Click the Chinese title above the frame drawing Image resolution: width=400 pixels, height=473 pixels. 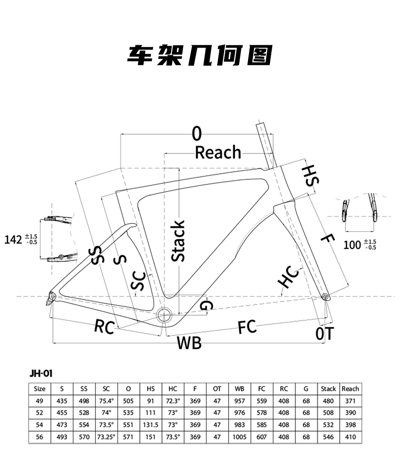point(200,55)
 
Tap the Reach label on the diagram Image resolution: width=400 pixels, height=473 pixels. point(218,152)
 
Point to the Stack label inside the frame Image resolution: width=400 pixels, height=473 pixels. point(178,241)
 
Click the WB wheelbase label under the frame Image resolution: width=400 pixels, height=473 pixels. point(189,342)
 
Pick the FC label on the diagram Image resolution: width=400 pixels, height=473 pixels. point(247,327)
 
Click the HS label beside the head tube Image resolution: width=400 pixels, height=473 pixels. point(310,175)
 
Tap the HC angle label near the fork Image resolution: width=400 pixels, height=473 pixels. point(289,276)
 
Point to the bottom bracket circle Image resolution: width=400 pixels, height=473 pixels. point(164,314)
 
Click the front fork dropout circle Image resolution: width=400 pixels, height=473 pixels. point(325,296)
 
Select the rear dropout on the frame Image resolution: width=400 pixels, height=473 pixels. point(52,297)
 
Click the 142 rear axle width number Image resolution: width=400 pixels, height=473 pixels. point(13,240)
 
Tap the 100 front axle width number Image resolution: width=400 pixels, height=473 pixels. point(352,245)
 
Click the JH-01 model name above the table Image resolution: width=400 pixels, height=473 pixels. point(41,373)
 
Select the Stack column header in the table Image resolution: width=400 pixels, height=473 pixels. point(328,389)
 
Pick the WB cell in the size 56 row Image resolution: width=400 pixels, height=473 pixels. point(240,437)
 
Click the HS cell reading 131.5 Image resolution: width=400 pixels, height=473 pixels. point(151,425)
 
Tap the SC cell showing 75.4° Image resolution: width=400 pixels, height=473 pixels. point(106,401)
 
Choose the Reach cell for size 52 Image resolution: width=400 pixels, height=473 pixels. point(350,413)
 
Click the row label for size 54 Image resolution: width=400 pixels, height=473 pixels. point(40,425)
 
